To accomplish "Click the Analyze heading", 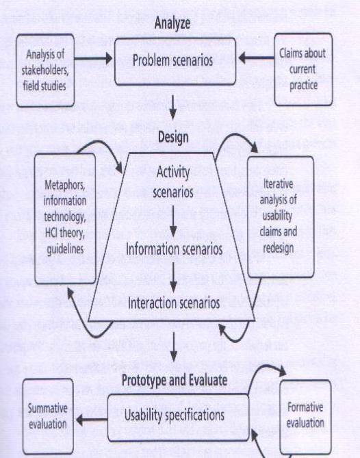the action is pyautogui.click(x=172, y=23).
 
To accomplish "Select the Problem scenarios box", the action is pyautogui.click(x=175, y=62).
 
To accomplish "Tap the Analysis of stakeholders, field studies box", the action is pyautogui.click(x=45, y=71).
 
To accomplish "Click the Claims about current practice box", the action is pyautogui.click(x=303, y=69).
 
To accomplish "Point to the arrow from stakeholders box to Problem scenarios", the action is pyautogui.click(x=94, y=58).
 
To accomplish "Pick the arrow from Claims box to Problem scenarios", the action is pyautogui.click(x=256, y=58).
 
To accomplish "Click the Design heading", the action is pyautogui.click(x=173, y=137).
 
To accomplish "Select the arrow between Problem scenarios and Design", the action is pyautogui.click(x=173, y=107).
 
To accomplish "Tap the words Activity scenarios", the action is pyautogui.click(x=173, y=181).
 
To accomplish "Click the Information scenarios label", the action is pyautogui.click(x=174, y=249).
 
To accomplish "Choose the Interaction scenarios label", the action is pyautogui.click(x=174, y=303).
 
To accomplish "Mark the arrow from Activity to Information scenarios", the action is pyautogui.click(x=173, y=221).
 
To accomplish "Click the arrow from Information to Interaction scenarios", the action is pyautogui.click(x=173, y=277).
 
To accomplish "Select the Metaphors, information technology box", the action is pyautogui.click(x=65, y=218).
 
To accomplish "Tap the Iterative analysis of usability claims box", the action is pyautogui.click(x=281, y=217).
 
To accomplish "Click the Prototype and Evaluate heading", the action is pyautogui.click(x=175, y=381).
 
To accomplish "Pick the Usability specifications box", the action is pyautogui.click(x=178, y=418).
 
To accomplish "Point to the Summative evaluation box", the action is pyautogui.click(x=48, y=416).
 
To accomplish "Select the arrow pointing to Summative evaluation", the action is pyautogui.click(x=92, y=420).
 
